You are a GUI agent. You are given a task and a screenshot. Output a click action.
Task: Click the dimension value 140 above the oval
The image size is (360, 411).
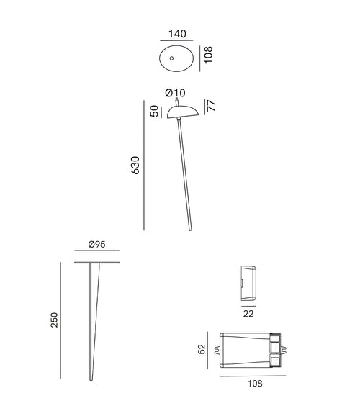click(176, 34)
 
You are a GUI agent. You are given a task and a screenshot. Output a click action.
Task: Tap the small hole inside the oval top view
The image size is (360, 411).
click(172, 57)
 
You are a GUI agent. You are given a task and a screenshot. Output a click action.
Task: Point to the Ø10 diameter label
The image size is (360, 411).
click(175, 92)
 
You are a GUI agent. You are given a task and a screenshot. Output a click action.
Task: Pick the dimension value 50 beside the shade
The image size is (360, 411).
click(154, 111)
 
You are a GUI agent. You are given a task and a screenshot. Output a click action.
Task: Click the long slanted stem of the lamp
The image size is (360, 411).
click(185, 173)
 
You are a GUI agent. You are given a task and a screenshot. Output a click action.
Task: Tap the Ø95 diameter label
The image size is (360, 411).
click(97, 245)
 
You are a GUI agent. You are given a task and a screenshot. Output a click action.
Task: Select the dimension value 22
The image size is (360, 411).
click(248, 313)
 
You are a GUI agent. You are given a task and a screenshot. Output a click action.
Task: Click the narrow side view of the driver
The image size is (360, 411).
click(247, 283)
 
